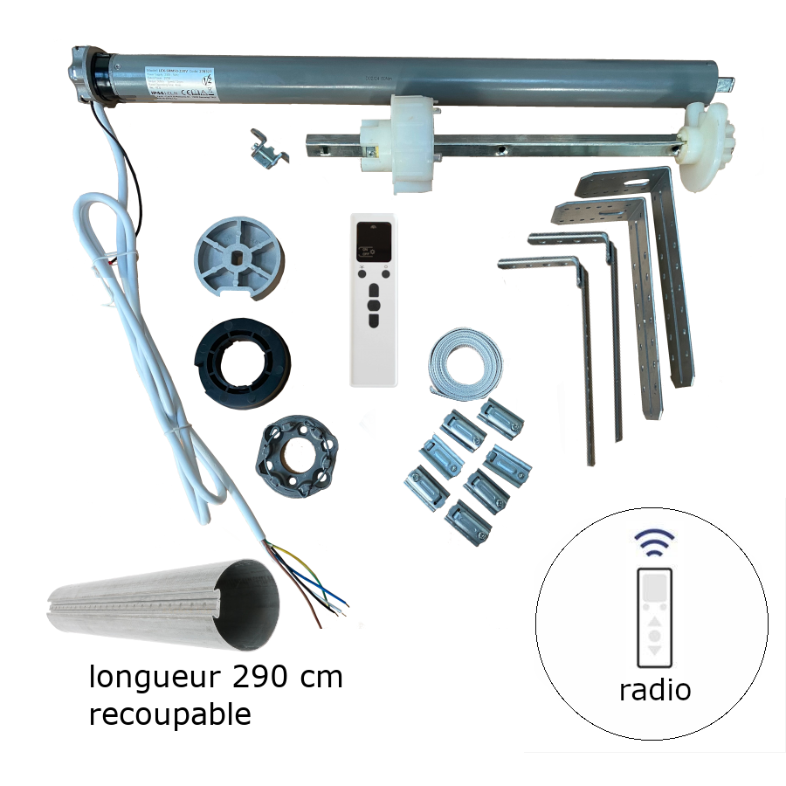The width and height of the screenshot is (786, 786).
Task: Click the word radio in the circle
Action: point(655,690)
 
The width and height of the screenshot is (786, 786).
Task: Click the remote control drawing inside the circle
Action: point(655,616)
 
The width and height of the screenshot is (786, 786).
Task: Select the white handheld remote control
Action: point(374,301)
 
